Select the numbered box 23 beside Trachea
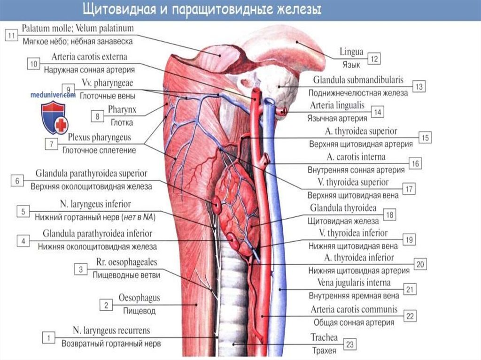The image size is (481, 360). coord(349,344)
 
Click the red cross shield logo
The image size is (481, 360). coord(55,118)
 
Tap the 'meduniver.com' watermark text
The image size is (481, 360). coord(53,94)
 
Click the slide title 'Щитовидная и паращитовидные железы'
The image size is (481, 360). coord(202,10)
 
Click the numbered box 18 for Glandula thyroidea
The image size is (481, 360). coord(389,214)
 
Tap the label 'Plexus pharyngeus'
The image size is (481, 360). coord(99,138)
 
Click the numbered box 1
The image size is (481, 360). coord(48,337)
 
